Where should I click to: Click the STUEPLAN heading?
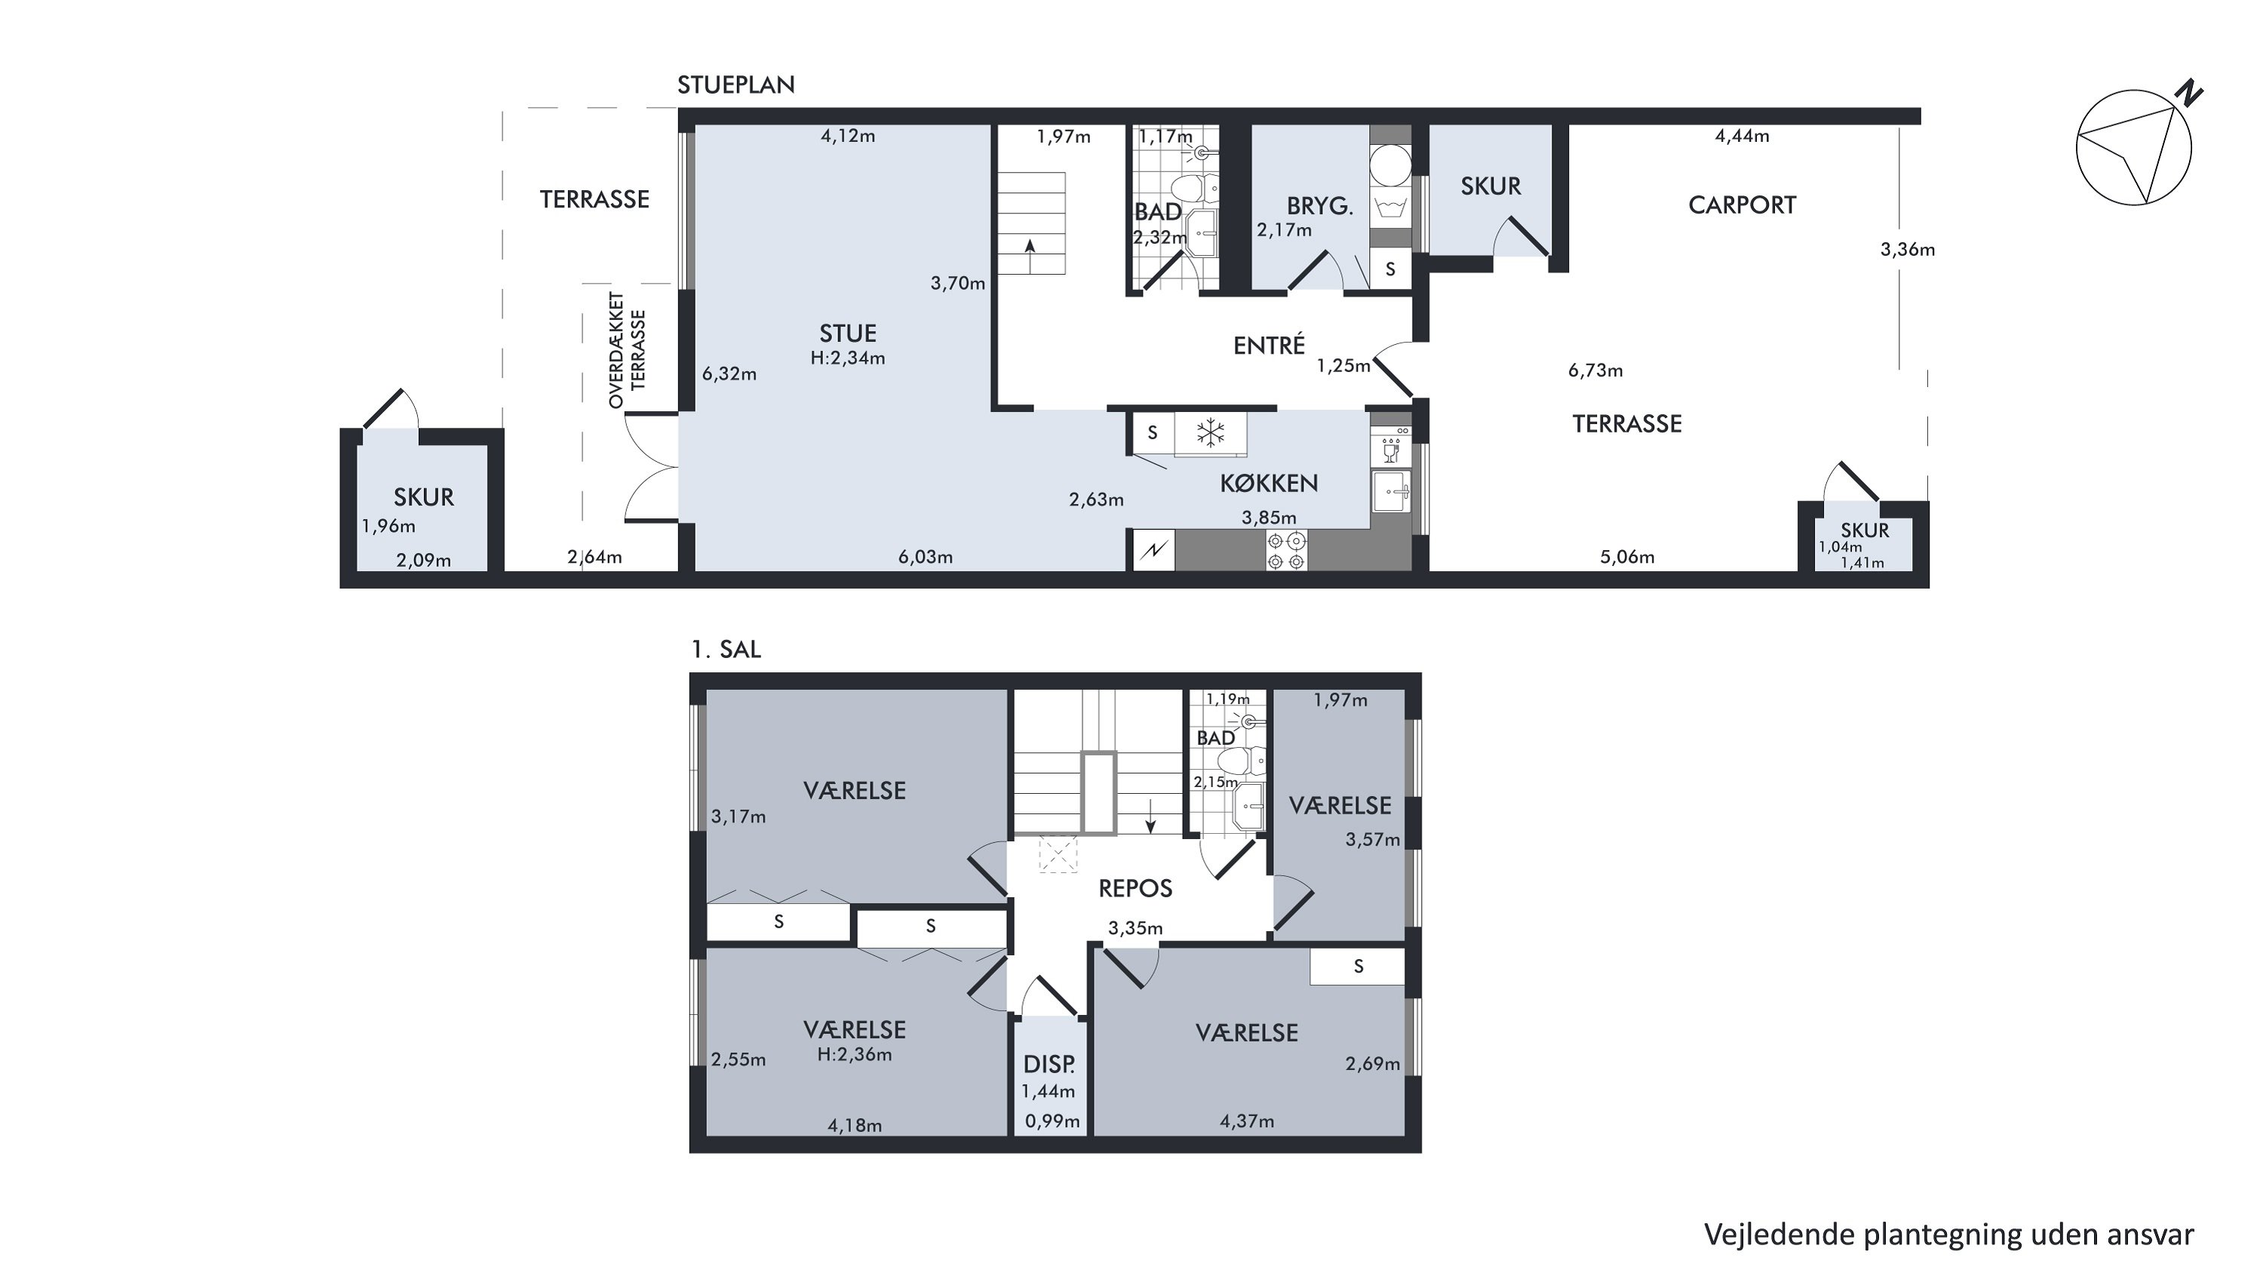point(735,85)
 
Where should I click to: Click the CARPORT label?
point(1741,204)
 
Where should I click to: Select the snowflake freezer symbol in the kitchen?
point(1211,433)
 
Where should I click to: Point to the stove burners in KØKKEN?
point(1286,551)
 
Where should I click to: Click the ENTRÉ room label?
point(1269,346)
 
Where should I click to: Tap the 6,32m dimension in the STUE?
point(729,374)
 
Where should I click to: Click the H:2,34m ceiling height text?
point(848,358)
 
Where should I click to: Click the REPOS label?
point(1135,888)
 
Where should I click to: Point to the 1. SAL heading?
point(726,650)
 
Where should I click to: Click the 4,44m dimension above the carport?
point(1742,136)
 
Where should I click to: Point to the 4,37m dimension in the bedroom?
point(1247,1121)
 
